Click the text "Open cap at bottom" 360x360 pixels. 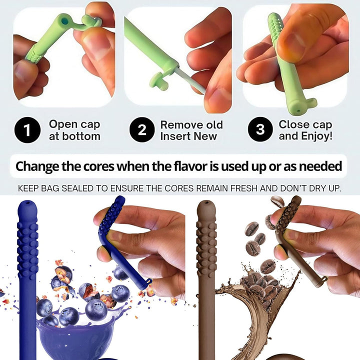pos(74,130)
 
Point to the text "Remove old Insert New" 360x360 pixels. pos(191,130)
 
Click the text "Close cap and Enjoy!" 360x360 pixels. pos(305,130)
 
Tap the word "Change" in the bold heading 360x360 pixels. pos(41,166)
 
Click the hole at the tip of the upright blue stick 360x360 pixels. pos(27,205)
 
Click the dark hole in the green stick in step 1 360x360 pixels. pos(63,21)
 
